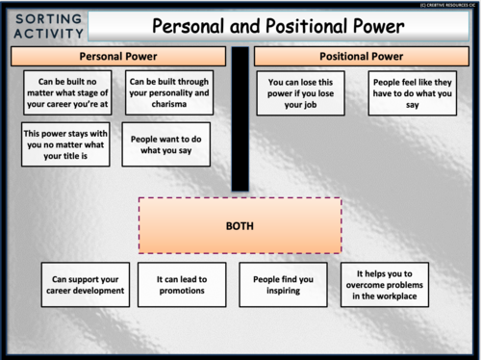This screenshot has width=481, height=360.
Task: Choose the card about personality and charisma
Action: point(169,92)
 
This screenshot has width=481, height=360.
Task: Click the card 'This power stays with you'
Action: point(64,144)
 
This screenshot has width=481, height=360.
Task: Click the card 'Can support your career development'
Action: point(87,284)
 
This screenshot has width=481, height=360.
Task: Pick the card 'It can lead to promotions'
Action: point(182,284)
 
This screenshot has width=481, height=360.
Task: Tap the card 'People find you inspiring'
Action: point(283,284)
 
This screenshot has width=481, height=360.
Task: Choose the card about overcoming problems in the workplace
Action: point(385,284)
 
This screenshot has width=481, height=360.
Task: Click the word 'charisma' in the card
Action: point(169,106)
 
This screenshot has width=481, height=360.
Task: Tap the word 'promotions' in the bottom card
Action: point(182,290)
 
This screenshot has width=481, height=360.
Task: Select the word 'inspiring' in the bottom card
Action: point(283,290)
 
